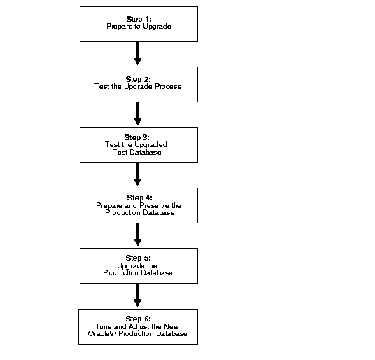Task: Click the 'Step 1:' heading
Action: pyautogui.click(x=138, y=18)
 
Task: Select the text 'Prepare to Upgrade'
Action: pyautogui.click(x=138, y=26)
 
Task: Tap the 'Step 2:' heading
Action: pyautogui.click(x=138, y=79)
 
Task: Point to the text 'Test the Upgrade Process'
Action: pyautogui.click(x=138, y=87)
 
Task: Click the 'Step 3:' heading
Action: pyautogui.click(x=138, y=137)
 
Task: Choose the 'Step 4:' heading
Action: pyautogui.click(x=138, y=198)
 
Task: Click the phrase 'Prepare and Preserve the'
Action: pyautogui.click(x=138, y=205)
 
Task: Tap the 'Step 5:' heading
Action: pyautogui.click(x=138, y=258)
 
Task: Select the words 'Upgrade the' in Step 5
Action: pyautogui.click(x=138, y=265)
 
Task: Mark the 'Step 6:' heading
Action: pyautogui.click(x=138, y=319)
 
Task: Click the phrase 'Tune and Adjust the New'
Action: pyautogui.click(x=138, y=326)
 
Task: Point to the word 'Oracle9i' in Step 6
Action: pyautogui.click(x=100, y=334)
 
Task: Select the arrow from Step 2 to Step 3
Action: pyautogui.click(x=138, y=114)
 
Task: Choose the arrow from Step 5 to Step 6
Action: pyautogui.click(x=138, y=296)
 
